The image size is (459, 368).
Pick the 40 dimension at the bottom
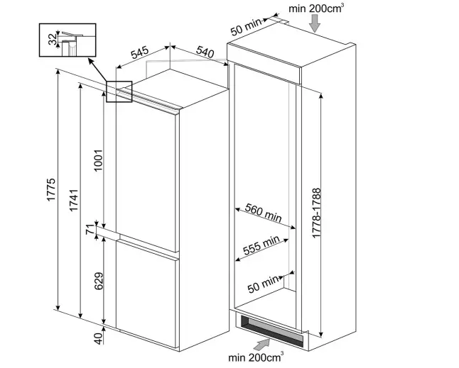[98, 338]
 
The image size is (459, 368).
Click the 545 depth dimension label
[139, 53]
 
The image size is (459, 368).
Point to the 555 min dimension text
[260, 245]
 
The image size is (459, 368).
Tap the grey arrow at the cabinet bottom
[262, 344]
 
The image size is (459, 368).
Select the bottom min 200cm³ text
[256, 359]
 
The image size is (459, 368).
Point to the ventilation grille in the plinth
[274, 327]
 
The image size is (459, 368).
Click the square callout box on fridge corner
[119, 91]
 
